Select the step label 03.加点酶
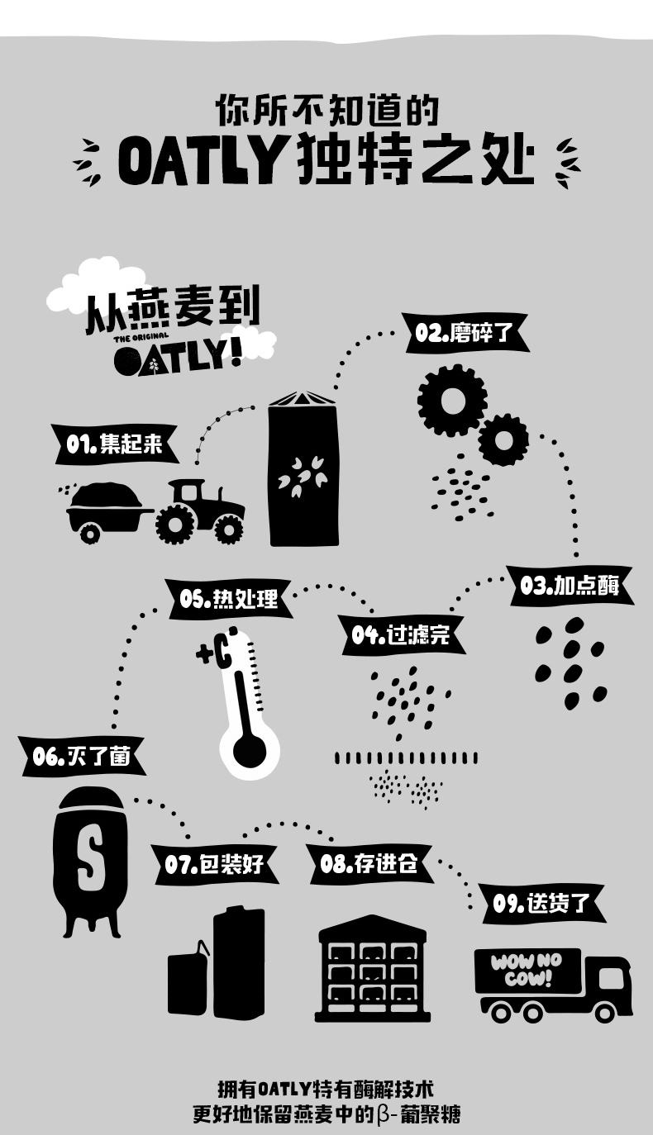pos(570,586)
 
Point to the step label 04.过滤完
pos(400,634)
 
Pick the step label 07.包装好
pos(214,864)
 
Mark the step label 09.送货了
pos(542,903)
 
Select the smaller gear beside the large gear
pos(503,439)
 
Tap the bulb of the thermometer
pos(249,750)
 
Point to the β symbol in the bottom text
pos(382,1114)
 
